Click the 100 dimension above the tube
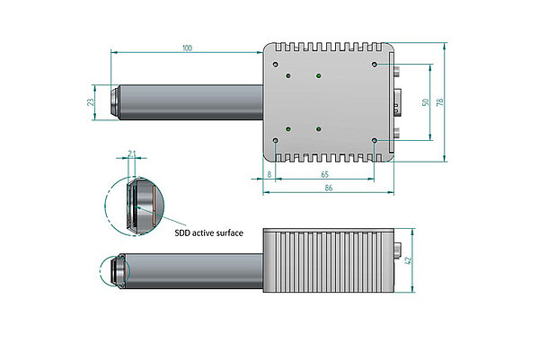point(186,47)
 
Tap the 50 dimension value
point(425,101)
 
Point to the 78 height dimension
point(439,102)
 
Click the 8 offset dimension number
point(269,173)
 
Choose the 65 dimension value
point(323,173)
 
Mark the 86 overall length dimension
point(329,189)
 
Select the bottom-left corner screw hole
point(275,140)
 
